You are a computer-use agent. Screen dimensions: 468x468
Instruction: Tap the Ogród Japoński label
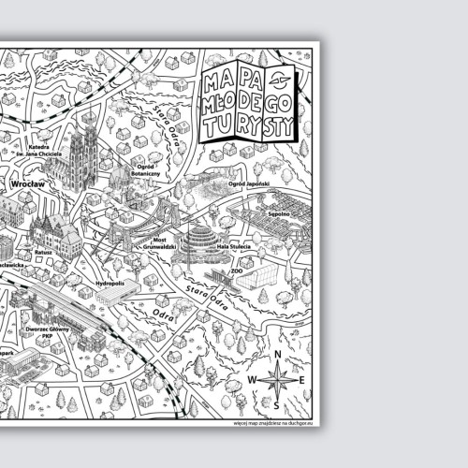[248, 185]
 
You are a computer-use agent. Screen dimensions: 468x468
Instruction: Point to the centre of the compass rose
[278, 379]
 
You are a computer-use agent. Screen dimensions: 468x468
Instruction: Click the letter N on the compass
[278, 354]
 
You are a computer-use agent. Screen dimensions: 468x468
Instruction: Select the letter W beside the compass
[252, 380]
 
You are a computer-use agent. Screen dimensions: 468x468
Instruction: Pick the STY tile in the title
[282, 122]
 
